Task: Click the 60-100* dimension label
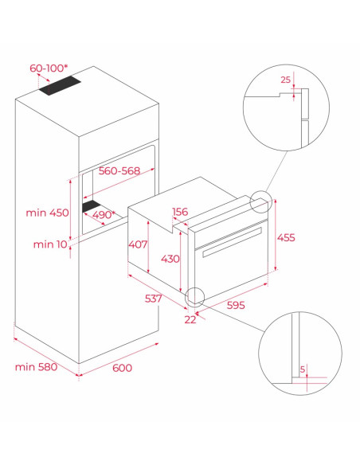[x=49, y=68]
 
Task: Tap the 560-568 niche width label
[x=119, y=171]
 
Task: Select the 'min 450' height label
[x=47, y=213]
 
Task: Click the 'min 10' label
[x=50, y=244]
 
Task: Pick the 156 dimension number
[x=180, y=212]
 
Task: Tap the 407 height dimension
[x=138, y=244]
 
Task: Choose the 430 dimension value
[x=170, y=259]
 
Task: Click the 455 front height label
[x=286, y=237]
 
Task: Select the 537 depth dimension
[x=153, y=299]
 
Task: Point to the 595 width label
[x=236, y=305]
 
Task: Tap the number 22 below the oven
[x=190, y=319]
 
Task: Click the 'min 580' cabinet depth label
[x=36, y=367]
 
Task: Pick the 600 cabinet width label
[x=122, y=368]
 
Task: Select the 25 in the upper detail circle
[x=286, y=80]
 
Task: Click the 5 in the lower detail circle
[x=302, y=369]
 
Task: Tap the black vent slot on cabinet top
[x=61, y=86]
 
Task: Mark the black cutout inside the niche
[x=92, y=205]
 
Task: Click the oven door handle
[x=232, y=243]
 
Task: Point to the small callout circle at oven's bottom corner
[x=186, y=298]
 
